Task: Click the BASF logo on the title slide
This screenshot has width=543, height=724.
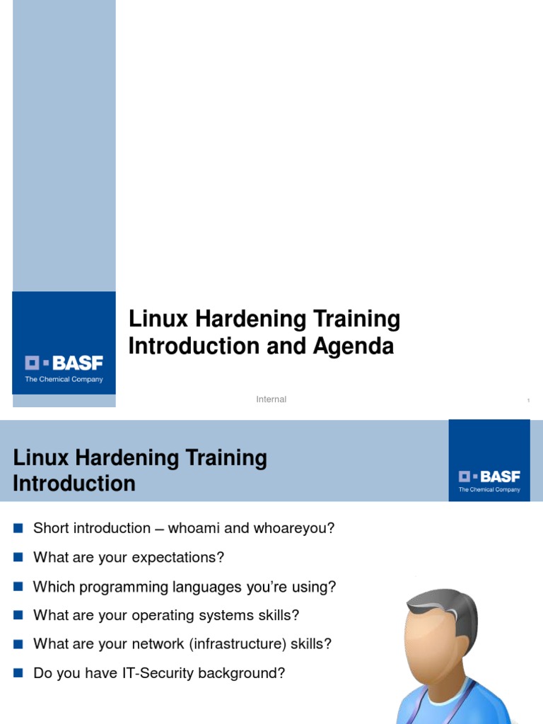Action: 64,363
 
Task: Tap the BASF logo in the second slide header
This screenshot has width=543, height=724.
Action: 489,477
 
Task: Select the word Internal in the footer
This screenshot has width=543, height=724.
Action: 271,399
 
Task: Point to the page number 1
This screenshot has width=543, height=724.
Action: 528,401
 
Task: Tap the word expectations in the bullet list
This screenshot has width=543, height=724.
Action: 182,557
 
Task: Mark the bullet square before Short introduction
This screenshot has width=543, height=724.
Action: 18,527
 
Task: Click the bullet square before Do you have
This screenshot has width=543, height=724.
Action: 18,672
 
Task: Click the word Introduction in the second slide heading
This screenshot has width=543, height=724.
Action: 74,484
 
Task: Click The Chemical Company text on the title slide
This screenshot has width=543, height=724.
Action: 64,380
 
